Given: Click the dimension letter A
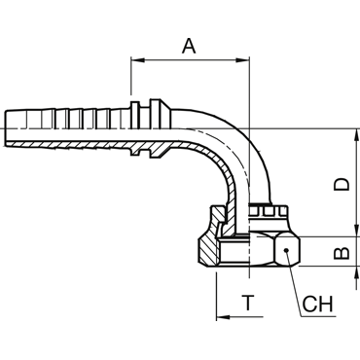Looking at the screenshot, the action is point(189,46).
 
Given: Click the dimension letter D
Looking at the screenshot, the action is point(342,184).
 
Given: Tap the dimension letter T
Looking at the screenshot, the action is point(248,303).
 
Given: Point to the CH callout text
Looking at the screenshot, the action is point(318,304).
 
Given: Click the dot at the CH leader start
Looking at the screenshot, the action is point(286,250).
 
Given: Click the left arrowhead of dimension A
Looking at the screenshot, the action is point(137,60).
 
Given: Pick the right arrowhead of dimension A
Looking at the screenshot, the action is point(243,60).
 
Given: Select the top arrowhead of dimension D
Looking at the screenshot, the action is point(357,135).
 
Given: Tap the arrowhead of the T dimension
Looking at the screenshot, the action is point(223,317).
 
